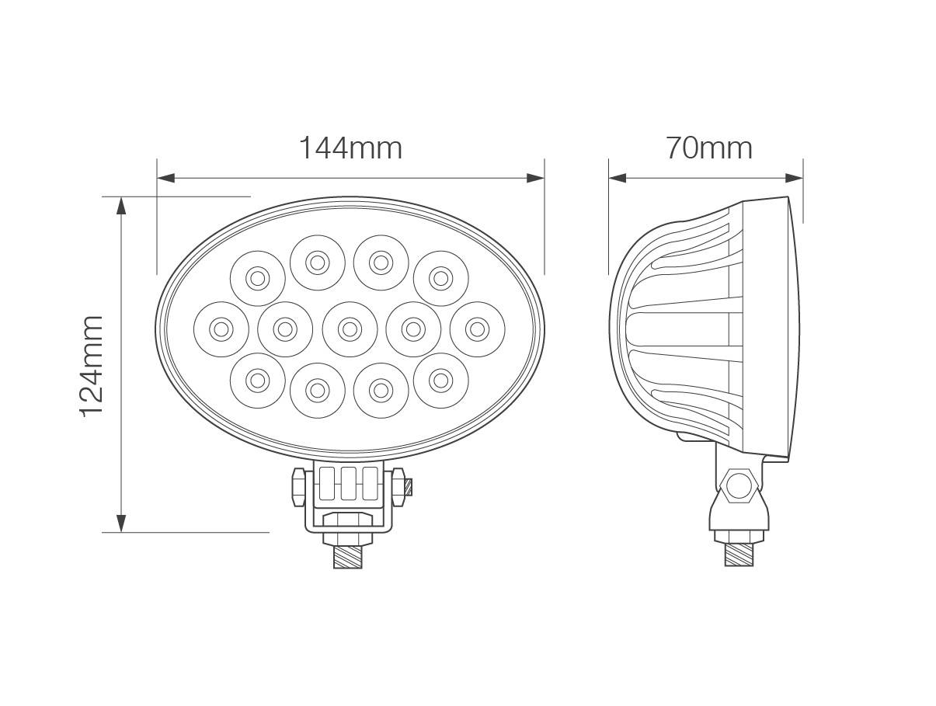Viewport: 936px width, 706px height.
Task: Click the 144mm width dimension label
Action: [350, 148]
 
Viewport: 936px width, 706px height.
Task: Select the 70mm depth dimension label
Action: [708, 148]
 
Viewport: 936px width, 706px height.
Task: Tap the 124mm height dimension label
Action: [92, 366]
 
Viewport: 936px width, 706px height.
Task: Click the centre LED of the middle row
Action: [350, 329]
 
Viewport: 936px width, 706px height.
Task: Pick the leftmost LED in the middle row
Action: [221, 329]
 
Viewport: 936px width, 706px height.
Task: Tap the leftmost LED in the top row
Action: [257, 278]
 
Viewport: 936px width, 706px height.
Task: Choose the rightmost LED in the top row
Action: [440, 278]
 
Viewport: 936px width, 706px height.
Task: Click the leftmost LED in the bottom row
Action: [257, 380]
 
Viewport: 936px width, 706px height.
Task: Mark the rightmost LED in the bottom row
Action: [440, 380]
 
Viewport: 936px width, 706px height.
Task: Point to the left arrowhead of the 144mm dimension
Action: [165, 178]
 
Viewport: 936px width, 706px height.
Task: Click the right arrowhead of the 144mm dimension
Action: [535, 178]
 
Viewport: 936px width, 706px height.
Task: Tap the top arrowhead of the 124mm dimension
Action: [121, 205]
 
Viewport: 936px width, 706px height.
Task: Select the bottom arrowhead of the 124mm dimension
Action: [121, 523]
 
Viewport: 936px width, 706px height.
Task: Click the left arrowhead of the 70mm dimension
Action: [618, 178]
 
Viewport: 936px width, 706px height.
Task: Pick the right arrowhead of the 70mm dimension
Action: [794, 178]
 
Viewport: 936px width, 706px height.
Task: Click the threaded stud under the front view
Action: [348, 556]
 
